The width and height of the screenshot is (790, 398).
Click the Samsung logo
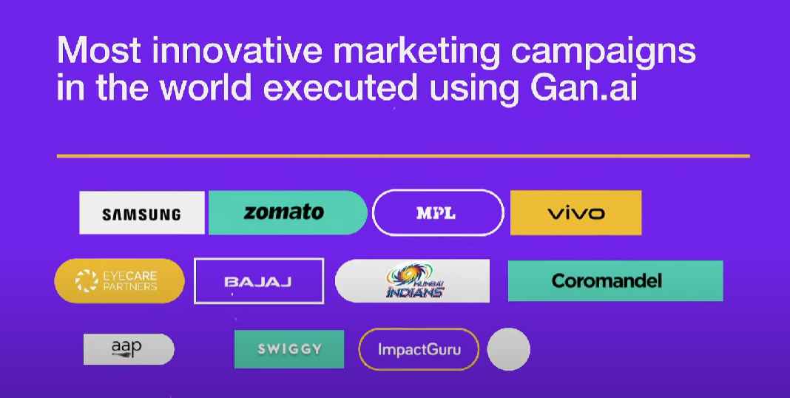pyautogui.click(x=141, y=213)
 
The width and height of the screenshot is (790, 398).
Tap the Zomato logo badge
pyautogui.click(x=287, y=212)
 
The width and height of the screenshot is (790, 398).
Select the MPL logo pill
pyautogui.click(x=438, y=213)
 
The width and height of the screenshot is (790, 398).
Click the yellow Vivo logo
pyautogui.click(x=575, y=213)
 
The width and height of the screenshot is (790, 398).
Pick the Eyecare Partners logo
pyautogui.click(x=119, y=280)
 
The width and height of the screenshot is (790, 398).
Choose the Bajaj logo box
pyautogui.click(x=258, y=281)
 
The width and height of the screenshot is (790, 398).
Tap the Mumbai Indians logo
pyautogui.click(x=413, y=281)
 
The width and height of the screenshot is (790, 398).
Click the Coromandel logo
pyautogui.click(x=615, y=281)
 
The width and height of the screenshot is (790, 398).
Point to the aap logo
pyautogui.click(x=128, y=348)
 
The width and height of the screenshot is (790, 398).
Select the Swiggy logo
pyautogui.click(x=289, y=349)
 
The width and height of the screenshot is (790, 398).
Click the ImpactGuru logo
pyautogui.click(x=419, y=348)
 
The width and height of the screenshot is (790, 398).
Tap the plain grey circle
pyautogui.click(x=508, y=349)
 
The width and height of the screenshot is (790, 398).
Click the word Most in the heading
pyautogui.click(x=95, y=52)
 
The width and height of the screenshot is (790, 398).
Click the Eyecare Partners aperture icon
pyautogui.click(x=87, y=280)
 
